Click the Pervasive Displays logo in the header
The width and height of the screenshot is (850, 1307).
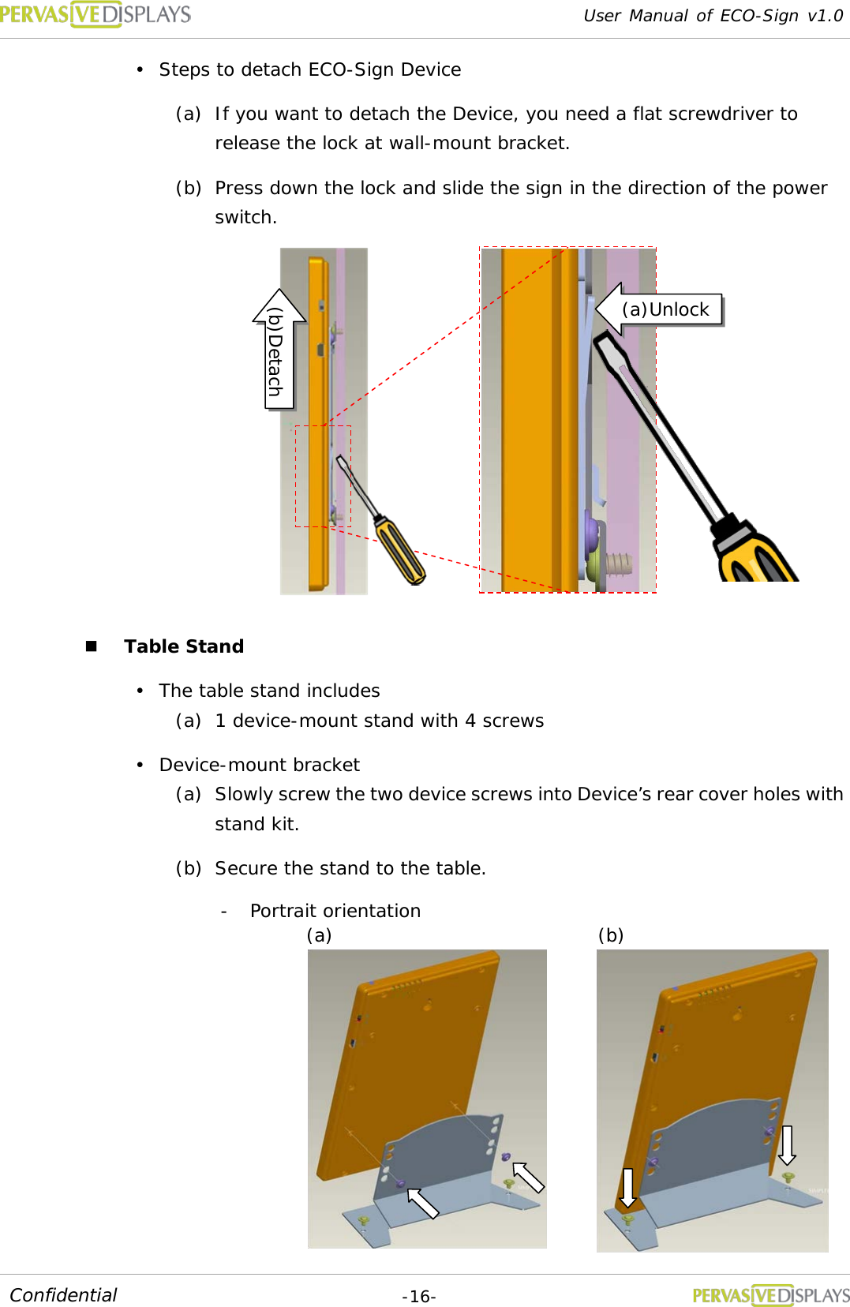pos(95,14)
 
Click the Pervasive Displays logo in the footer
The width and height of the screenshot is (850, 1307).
pos(770,1295)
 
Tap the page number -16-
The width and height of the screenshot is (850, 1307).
pos(418,1297)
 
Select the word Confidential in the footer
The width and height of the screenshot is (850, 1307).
pos(63,1295)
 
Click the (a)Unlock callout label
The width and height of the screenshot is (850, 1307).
pos(665,309)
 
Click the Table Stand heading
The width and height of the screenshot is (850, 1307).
pos(184,646)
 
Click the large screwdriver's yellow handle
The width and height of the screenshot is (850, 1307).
pos(755,556)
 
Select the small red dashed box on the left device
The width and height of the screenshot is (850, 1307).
pos(323,476)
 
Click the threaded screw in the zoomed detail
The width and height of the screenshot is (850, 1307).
pos(620,564)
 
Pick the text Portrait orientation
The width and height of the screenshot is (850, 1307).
pos(335,911)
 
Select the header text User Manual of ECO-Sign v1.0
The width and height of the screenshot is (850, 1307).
pos(713,16)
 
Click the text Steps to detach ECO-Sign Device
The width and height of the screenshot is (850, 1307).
pos(309,69)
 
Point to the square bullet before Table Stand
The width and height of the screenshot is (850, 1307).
pos(91,646)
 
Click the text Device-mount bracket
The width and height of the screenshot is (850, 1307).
pos(259,765)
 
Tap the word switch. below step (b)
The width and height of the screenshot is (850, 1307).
pos(245,217)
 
